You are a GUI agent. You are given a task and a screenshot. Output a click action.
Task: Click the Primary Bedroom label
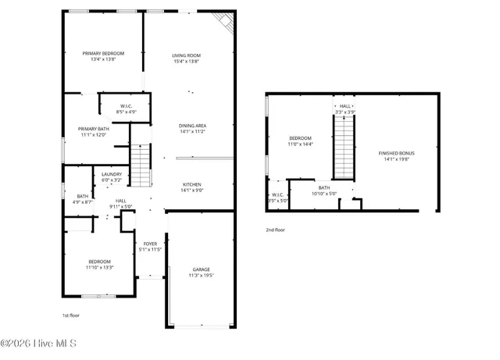point(103,53)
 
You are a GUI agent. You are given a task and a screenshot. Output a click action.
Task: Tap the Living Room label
point(187,55)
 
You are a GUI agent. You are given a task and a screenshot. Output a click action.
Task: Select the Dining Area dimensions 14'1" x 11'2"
point(187,132)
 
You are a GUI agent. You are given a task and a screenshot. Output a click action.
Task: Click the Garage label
point(201,269)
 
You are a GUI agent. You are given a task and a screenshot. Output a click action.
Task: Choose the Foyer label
point(150,244)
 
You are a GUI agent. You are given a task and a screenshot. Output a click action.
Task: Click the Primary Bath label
point(92,129)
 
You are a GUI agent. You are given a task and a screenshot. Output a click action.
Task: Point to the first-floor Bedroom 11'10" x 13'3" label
point(99,262)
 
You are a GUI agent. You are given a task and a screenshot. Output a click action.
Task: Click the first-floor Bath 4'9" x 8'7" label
point(83,196)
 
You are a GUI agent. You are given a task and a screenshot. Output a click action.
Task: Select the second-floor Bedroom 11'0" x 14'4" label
point(301,138)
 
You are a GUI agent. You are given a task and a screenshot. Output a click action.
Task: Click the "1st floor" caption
point(71,315)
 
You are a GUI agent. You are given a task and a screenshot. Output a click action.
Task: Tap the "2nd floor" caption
point(275,230)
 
